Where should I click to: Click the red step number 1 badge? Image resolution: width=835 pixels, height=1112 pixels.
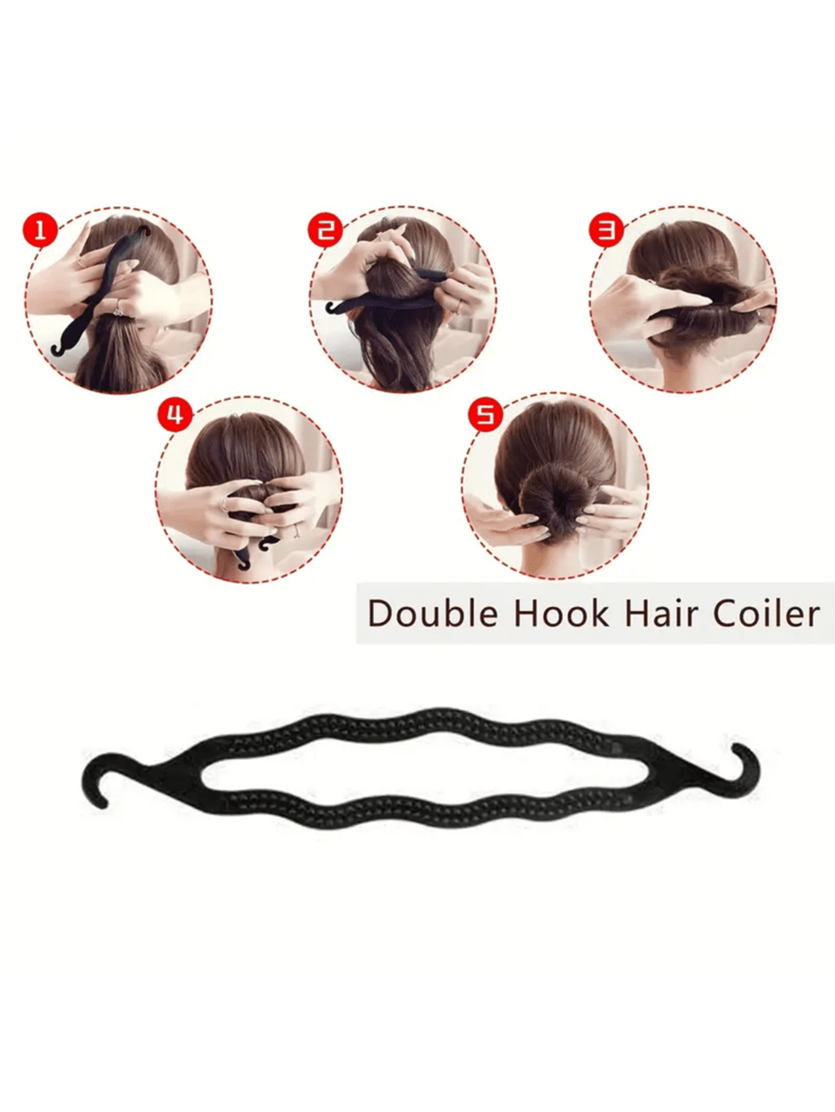[40, 231]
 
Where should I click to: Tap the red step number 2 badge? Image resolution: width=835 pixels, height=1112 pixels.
[325, 231]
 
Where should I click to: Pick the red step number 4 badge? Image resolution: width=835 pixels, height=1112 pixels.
[175, 414]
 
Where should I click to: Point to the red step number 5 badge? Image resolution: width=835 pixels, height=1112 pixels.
[485, 414]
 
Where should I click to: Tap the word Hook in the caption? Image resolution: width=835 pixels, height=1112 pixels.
[561, 614]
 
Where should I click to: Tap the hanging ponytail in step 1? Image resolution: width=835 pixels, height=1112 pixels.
[118, 361]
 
